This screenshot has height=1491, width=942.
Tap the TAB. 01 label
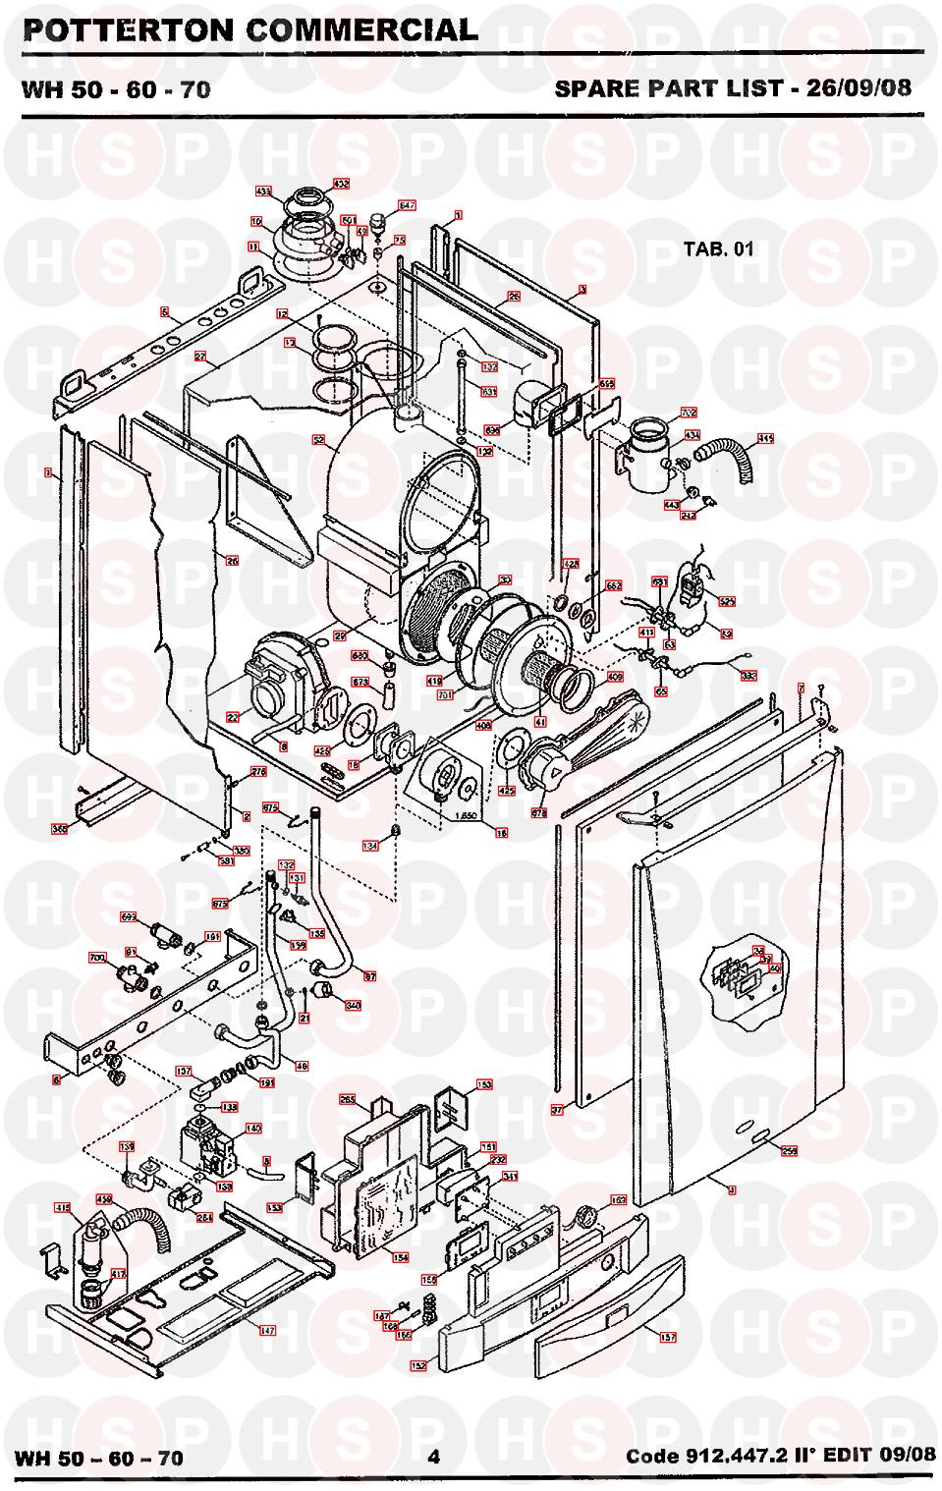tap(718, 248)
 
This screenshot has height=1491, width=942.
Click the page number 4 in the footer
tap(433, 1457)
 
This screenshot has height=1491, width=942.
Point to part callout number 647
tap(407, 205)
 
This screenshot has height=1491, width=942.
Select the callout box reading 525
tap(727, 601)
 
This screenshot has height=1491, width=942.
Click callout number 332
tap(748, 676)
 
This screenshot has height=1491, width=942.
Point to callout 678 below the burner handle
tap(538, 813)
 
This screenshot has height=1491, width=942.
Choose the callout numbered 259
tap(788, 1149)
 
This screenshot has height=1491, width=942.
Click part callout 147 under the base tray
tap(266, 1330)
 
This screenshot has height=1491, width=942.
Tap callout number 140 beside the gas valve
tap(253, 1129)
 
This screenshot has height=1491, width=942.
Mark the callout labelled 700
tap(97, 957)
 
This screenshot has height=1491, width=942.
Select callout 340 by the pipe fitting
tap(354, 1005)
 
